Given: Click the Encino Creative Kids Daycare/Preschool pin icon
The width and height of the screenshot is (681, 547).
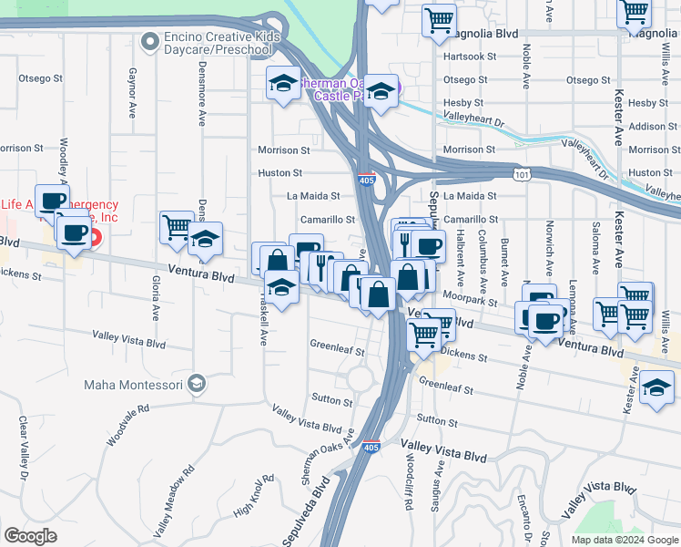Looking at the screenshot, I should tap(149, 41).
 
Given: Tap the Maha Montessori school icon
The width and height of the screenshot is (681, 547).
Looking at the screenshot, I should tap(196, 384).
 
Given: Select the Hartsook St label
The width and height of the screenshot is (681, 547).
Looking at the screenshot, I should tap(471, 56).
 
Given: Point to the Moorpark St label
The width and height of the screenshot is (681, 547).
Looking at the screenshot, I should tap(471, 299).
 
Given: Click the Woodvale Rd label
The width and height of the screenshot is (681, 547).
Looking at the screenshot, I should tap(127, 424).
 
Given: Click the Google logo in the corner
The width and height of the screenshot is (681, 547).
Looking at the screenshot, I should tap(30, 536).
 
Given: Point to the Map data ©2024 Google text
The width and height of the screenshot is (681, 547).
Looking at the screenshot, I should tap(624, 540).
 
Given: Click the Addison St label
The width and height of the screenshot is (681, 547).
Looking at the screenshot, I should tap(647, 127).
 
